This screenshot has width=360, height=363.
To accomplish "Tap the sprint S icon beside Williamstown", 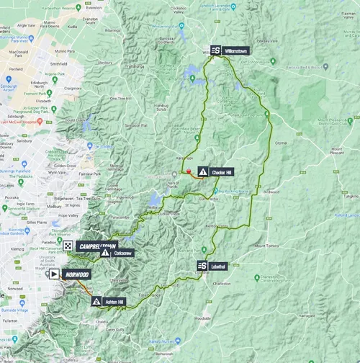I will tap(216, 52).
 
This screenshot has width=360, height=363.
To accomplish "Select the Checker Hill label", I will tap(222, 172).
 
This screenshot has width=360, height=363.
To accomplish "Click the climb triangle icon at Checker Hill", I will tap(203, 172).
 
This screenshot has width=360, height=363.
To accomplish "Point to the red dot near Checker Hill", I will tap(189, 172).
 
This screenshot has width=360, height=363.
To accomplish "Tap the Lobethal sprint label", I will tap(220, 266).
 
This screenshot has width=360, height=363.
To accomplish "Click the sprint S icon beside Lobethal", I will tap(202, 266).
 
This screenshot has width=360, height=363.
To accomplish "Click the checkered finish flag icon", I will tap(67, 246).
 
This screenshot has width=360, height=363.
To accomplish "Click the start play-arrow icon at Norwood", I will tap(53, 274).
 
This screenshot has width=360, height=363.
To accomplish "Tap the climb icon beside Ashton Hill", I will tap(96, 301).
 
